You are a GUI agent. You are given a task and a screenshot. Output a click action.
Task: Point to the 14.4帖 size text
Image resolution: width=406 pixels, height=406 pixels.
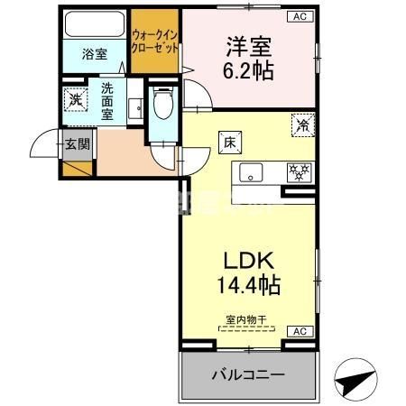pos(246,287)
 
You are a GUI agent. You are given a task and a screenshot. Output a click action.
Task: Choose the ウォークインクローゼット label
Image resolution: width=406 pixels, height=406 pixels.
pos(154,41)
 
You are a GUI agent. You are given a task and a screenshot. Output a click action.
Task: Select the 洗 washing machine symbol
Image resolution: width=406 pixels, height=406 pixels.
pos(78,99)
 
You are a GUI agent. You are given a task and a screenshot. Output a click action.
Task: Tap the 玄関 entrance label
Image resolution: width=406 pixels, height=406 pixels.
pos(75,143)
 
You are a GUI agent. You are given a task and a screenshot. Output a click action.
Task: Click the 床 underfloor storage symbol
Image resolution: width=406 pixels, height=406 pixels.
pos(227,142)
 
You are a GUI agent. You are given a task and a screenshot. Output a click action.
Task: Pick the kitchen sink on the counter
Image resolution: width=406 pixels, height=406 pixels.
pos(252,172)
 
